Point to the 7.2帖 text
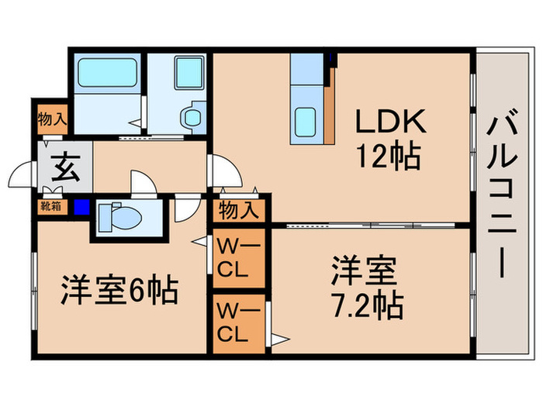point(368,305)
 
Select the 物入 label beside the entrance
point(53,121)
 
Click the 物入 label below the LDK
point(237,209)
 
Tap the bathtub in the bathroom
point(109,74)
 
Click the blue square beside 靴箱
point(81,207)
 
